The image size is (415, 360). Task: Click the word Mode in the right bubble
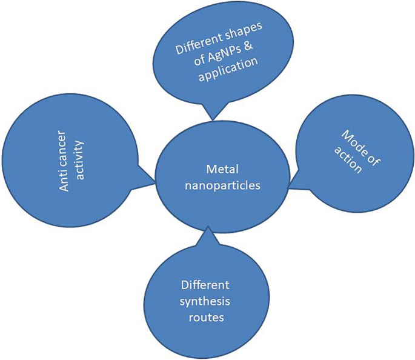click(342, 141)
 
